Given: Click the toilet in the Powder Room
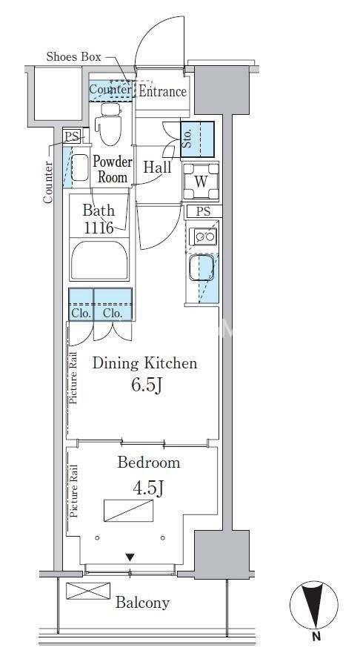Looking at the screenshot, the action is coord(108,124).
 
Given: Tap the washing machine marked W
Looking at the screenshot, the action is coord(201,182).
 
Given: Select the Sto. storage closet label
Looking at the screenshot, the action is coord(187,139).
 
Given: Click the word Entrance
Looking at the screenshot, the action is coord(163,91).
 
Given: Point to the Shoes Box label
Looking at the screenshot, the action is coord(73,56).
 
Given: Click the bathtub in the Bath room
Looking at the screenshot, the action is coord(99,261).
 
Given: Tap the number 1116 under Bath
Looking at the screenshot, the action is coord(99,228).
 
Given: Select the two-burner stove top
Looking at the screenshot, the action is coord(203,236).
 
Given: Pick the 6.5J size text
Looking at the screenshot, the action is coord(147,385).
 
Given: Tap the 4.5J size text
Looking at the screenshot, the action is coord(147,488).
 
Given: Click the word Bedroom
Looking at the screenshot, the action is coord(149,463).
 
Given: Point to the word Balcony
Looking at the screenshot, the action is coord(142,603).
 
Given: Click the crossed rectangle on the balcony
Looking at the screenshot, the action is coord(88,591).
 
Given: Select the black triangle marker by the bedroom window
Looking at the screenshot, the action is coord(130,557).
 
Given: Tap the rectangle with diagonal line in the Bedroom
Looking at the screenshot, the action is coord(128,511).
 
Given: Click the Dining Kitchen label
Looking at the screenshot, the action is coord(144,362).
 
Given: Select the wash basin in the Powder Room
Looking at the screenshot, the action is coord(80,168).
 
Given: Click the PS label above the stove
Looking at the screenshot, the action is coord(204,212).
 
